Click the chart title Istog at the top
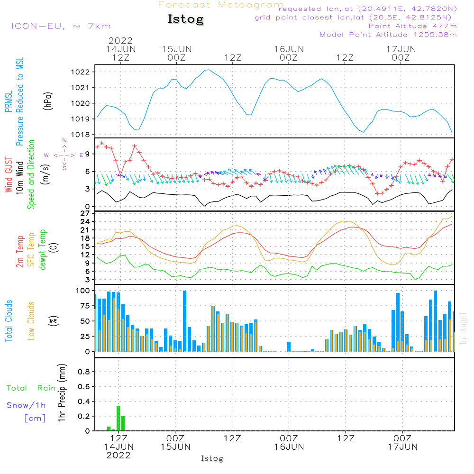[185, 19]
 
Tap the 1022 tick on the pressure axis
[83, 72]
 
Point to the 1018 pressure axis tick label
[83, 135]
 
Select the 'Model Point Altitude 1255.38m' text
[388, 35]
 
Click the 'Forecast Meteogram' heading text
[221, 5]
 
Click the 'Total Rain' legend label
[31, 388]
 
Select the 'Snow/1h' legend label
[26, 405]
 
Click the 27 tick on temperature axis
[85, 214]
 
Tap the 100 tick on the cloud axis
[83, 291]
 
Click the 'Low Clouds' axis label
[31, 320]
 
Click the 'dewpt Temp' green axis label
[43, 250]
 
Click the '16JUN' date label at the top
[289, 49]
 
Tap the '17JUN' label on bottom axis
[402, 447]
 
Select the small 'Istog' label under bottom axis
[212, 458]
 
